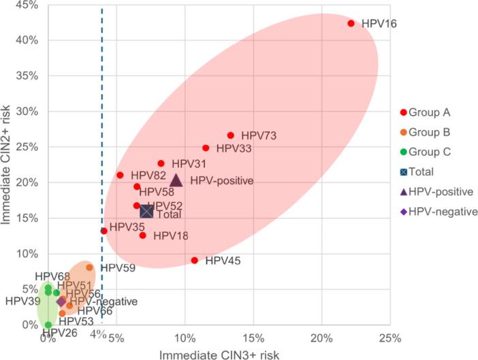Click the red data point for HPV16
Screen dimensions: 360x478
point(351,23)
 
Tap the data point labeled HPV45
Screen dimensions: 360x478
point(195,260)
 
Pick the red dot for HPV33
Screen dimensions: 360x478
point(206,148)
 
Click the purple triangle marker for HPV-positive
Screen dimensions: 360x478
point(176,180)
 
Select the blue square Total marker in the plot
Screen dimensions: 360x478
point(146,211)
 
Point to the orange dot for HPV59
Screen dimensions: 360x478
point(90,267)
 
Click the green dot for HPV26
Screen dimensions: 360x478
point(48,325)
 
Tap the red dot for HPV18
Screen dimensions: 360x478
point(143,235)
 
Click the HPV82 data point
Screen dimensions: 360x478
point(120,175)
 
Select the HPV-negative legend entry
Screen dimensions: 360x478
point(439,212)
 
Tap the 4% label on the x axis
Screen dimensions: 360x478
point(97,334)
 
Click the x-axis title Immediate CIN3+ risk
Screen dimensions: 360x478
point(219,354)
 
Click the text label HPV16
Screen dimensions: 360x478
point(379,24)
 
